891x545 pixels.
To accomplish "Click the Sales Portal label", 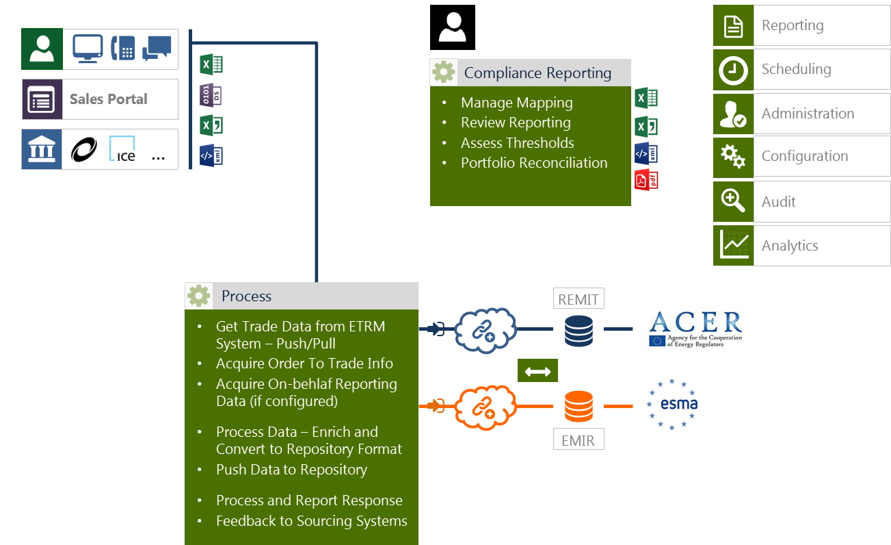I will pos(109,99).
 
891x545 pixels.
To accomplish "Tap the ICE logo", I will pos(123,149).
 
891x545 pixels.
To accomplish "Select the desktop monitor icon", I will pos(88,49).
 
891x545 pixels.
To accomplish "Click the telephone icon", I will pos(122,49).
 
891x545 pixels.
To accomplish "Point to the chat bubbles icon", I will pos(157,49).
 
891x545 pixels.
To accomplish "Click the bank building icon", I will pos(42,149).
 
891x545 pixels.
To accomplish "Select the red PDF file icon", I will pos(646,180).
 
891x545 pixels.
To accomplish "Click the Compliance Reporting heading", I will pos(537,73).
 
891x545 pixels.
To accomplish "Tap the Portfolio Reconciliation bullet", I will pos(534,163).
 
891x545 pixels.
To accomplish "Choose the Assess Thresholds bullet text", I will pos(518,143).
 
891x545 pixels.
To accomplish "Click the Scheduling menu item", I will pos(797,69).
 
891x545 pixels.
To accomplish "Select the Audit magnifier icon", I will pos(733,201).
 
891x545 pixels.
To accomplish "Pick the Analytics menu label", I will pos(790,246).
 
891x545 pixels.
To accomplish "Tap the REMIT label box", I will pos(579,299).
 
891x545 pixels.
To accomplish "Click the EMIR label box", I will pos(579,440).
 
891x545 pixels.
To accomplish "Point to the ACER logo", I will pos(695,329).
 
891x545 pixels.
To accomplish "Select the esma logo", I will pos(672,404).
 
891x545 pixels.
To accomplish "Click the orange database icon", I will pos(579,406).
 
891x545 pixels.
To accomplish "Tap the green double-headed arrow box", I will pos(537,371).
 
